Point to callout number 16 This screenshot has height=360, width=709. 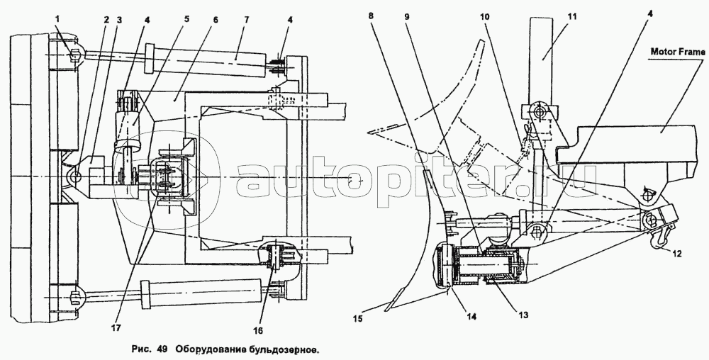[258, 330]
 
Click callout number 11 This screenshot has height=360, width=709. [572, 16]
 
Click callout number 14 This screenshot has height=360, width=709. [471, 317]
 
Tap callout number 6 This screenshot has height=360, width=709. [216, 21]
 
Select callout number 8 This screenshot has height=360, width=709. [371, 16]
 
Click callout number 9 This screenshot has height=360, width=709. [407, 17]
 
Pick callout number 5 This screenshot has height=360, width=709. [186, 19]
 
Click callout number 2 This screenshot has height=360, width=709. [106, 19]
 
